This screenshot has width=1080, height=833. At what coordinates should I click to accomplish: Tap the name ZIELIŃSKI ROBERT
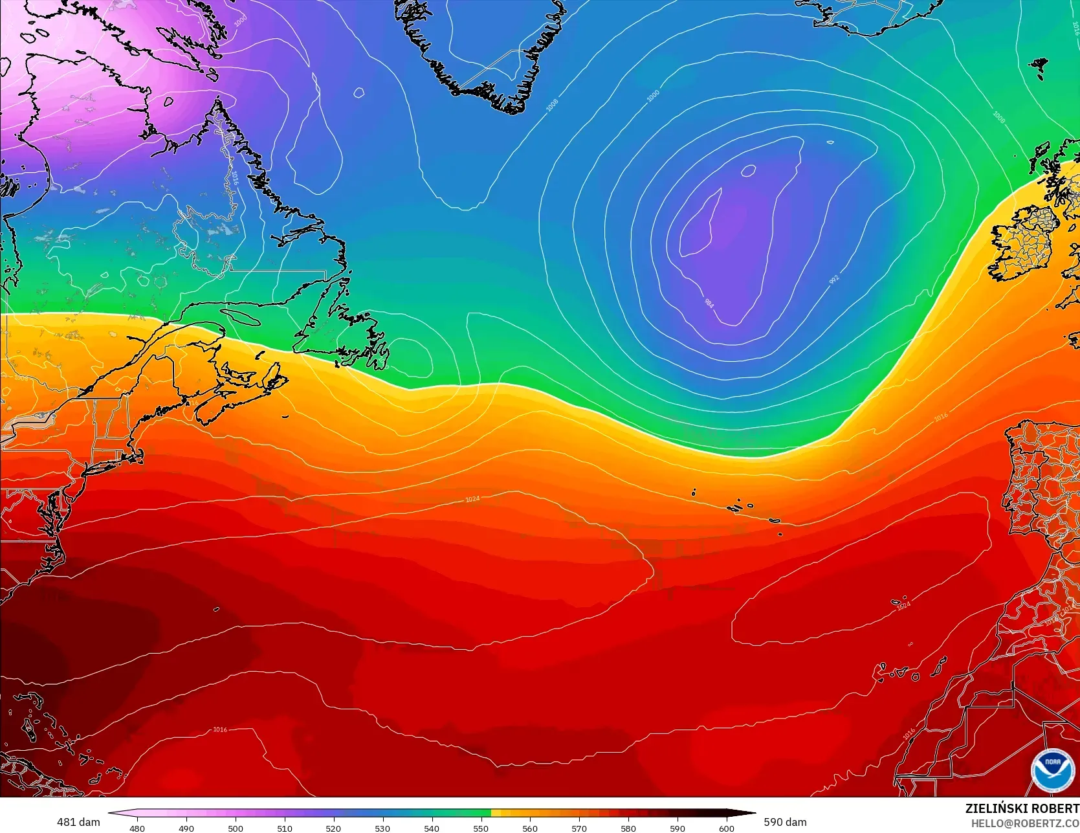(x=1022, y=808)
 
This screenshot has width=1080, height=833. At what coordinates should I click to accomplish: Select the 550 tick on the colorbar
(x=481, y=828)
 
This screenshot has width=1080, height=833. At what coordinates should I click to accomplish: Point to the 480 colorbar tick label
(x=137, y=828)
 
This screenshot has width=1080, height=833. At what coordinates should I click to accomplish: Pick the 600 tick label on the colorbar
(x=727, y=828)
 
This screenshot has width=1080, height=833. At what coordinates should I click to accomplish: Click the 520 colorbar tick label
(x=333, y=828)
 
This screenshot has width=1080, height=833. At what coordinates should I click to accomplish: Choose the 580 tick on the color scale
(x=628, y=828)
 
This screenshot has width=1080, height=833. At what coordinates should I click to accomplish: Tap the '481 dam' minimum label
(x=78, y=822)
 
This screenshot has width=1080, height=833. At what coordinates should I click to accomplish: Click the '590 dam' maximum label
(x=785, y=822)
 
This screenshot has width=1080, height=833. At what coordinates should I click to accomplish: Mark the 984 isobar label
(x=709, y=302)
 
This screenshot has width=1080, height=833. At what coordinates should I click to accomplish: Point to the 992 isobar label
(x=834, y=279)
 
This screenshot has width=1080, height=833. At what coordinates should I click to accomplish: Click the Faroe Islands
(x=1039, y=65)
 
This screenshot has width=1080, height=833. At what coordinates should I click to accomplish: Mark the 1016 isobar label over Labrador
(x=235, y=178)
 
